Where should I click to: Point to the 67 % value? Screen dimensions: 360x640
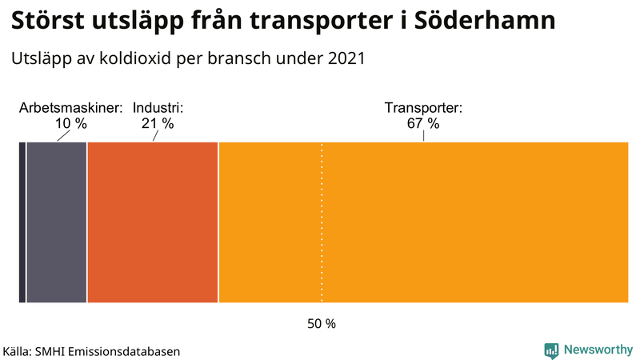[423, 123]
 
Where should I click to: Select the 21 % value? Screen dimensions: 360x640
[158, 123]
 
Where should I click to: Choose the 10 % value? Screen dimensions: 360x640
[70, 123]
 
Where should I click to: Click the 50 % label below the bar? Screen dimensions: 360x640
[322, 324]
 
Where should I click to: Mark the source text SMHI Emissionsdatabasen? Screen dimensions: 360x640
[107, 351]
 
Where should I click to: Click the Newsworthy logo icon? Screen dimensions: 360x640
[551, 350]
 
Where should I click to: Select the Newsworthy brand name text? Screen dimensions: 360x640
[598, 350]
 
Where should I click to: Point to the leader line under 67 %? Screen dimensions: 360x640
[423, 136]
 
